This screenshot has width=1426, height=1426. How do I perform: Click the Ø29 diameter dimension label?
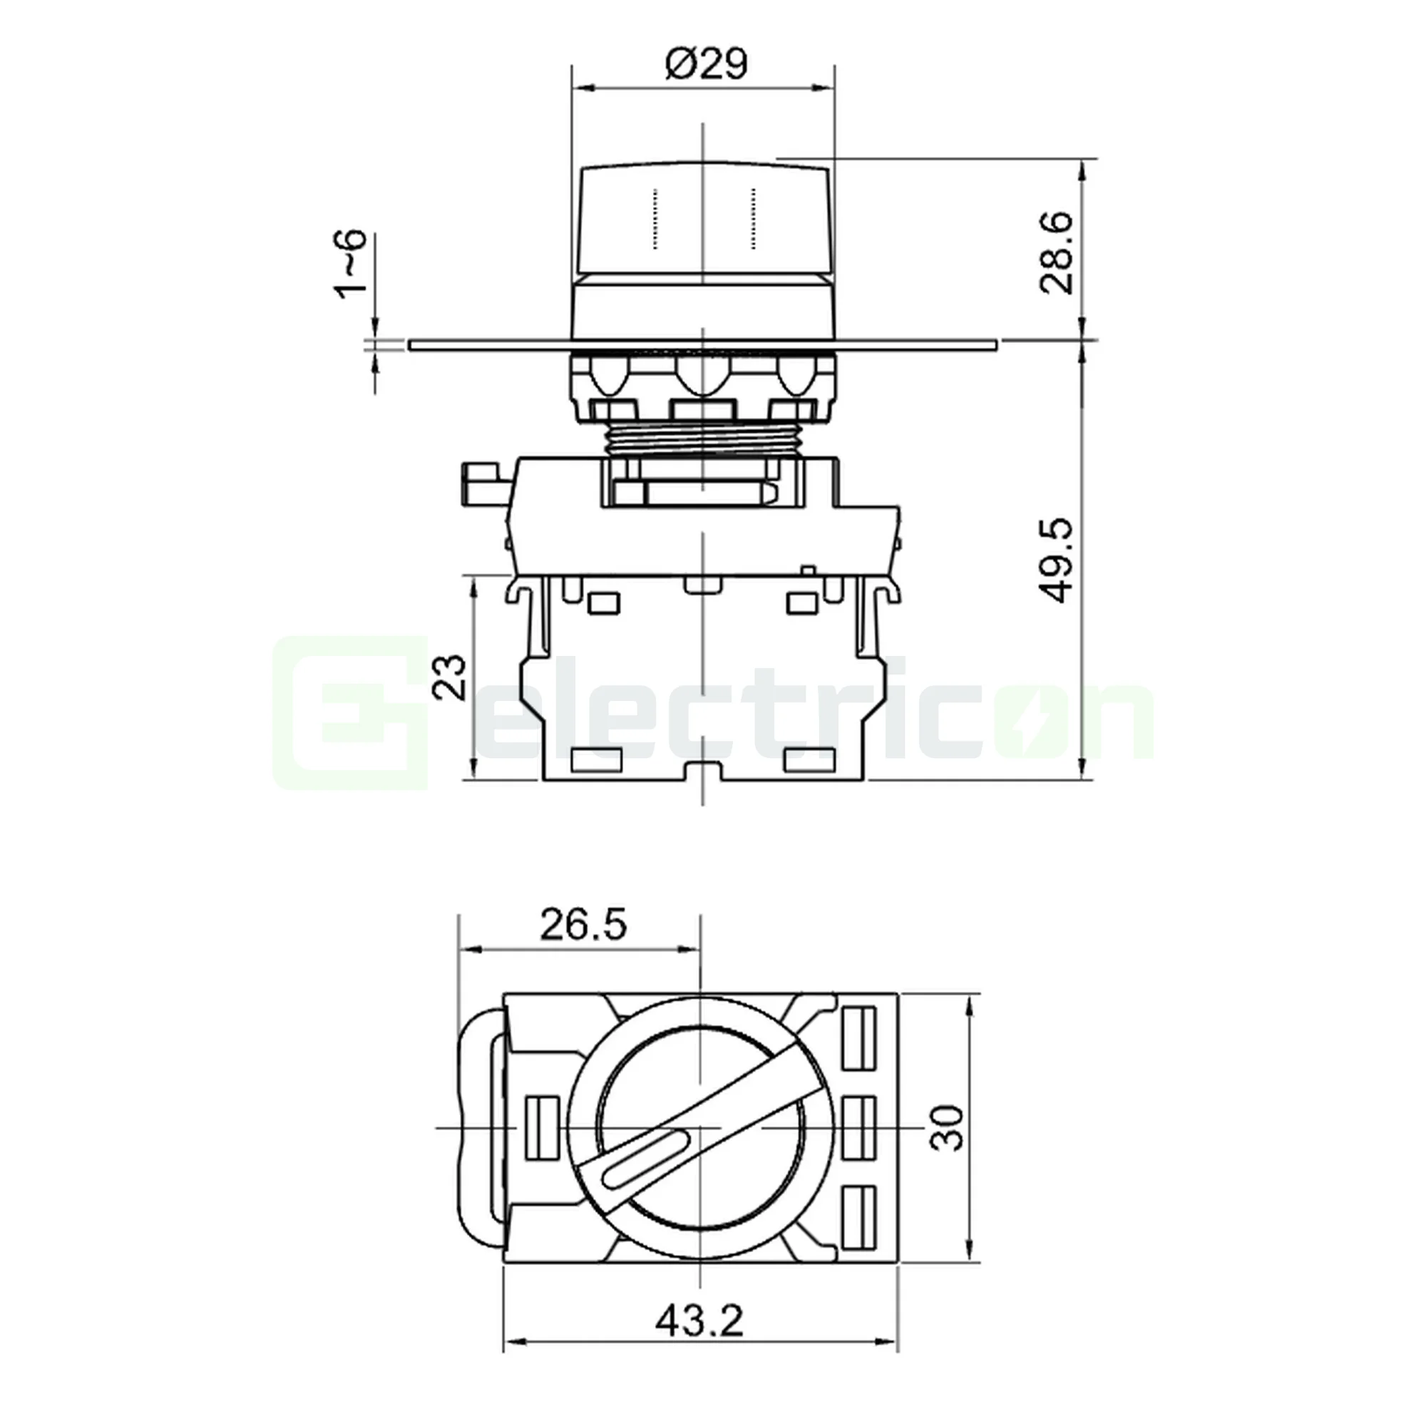pyautogui.click(x=706, y=64)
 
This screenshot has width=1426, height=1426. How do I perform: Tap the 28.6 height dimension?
pyautogui.click(x=1055, y=253)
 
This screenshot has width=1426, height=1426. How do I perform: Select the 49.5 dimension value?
pyautogui.click(x=1055, y=561)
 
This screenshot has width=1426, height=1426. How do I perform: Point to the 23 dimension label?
pyautogui.click(x=449, y=677)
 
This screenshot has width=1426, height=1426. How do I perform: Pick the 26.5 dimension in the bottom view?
pyautogui.click(x=583, y=925)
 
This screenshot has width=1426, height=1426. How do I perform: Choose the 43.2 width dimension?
pyautogui.click(x=699, y=1320)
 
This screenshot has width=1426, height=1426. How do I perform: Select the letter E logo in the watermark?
pyautogui.click(x=351, y=712)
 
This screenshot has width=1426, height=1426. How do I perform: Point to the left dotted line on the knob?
pyautogui.click(x=654, y=218)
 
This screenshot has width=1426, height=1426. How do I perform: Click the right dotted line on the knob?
pyautogui.click(x=753, y=218)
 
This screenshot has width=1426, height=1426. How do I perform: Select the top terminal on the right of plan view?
pyautogui.click(x=858, y=1039)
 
